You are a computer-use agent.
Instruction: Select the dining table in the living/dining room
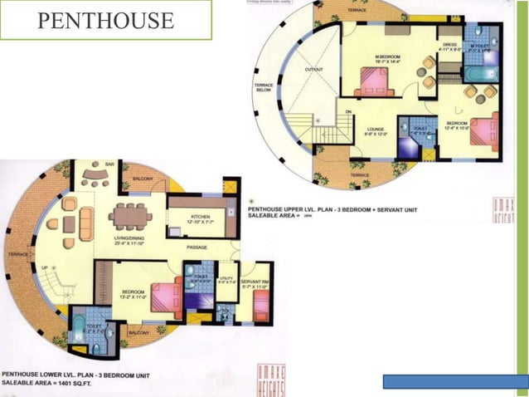coord(129,216)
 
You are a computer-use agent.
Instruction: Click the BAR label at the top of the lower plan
coord(109,164)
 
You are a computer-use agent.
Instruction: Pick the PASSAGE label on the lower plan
coord(197,247)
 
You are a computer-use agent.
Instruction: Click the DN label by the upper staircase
coord(348,111)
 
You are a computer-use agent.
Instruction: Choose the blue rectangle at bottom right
coord(449,382)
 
